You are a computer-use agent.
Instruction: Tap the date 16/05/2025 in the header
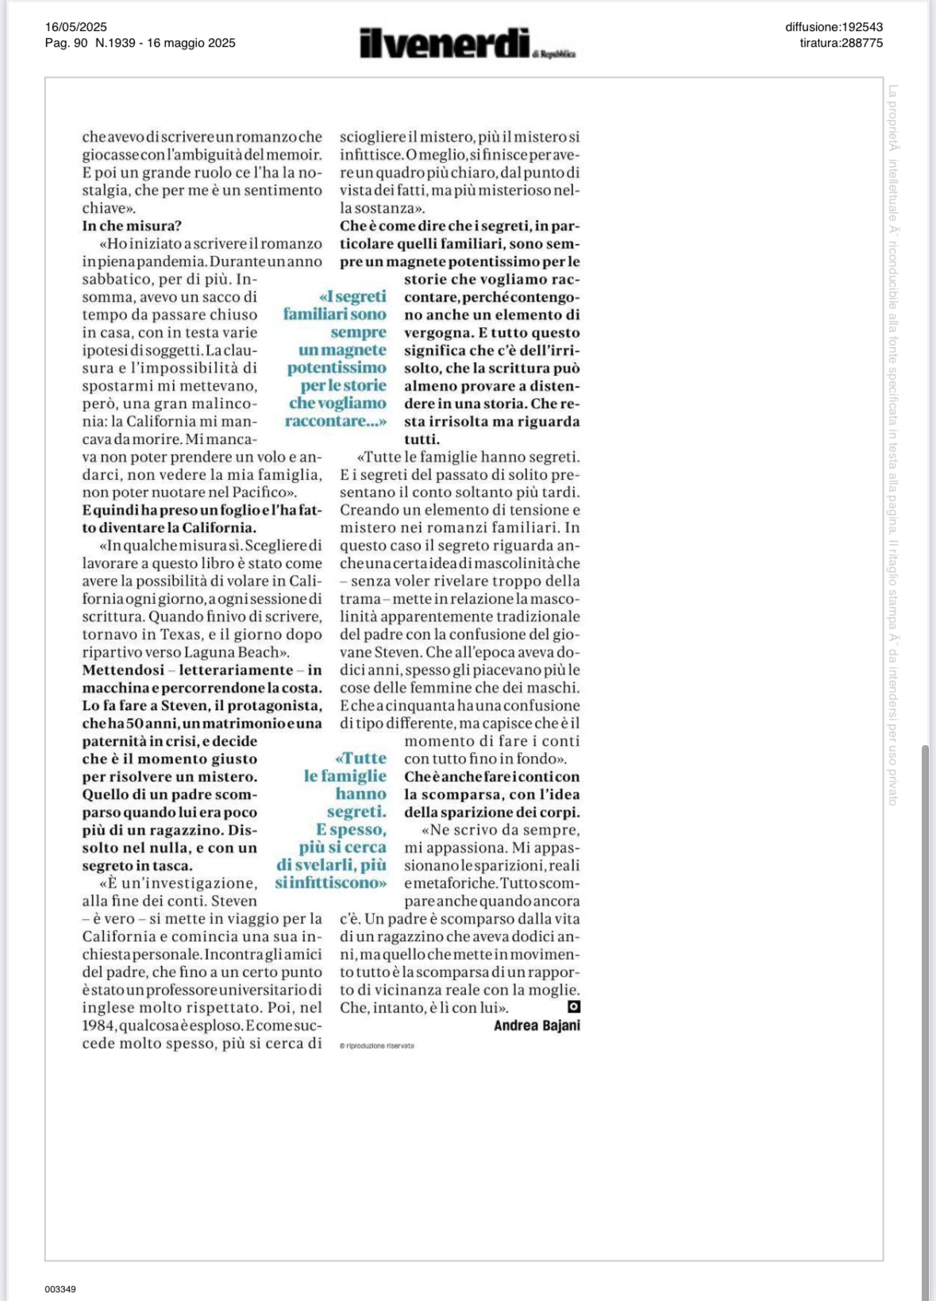tap(75, 27)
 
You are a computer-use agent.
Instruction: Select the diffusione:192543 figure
tap(834, 27)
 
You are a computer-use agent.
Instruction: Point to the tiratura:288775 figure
tap(841, 43)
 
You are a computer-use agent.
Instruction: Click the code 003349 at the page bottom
tap(60, 1289)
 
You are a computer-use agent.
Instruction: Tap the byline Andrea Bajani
tap(537, 1025)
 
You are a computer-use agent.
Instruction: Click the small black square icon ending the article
tap(574, 1006)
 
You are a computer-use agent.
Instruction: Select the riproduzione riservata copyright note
tap(377, 1046)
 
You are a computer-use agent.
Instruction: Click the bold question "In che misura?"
tap(132, 226)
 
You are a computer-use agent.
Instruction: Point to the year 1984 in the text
tap(98, 1025)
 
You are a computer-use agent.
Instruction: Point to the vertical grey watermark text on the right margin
tap(893, 445)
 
